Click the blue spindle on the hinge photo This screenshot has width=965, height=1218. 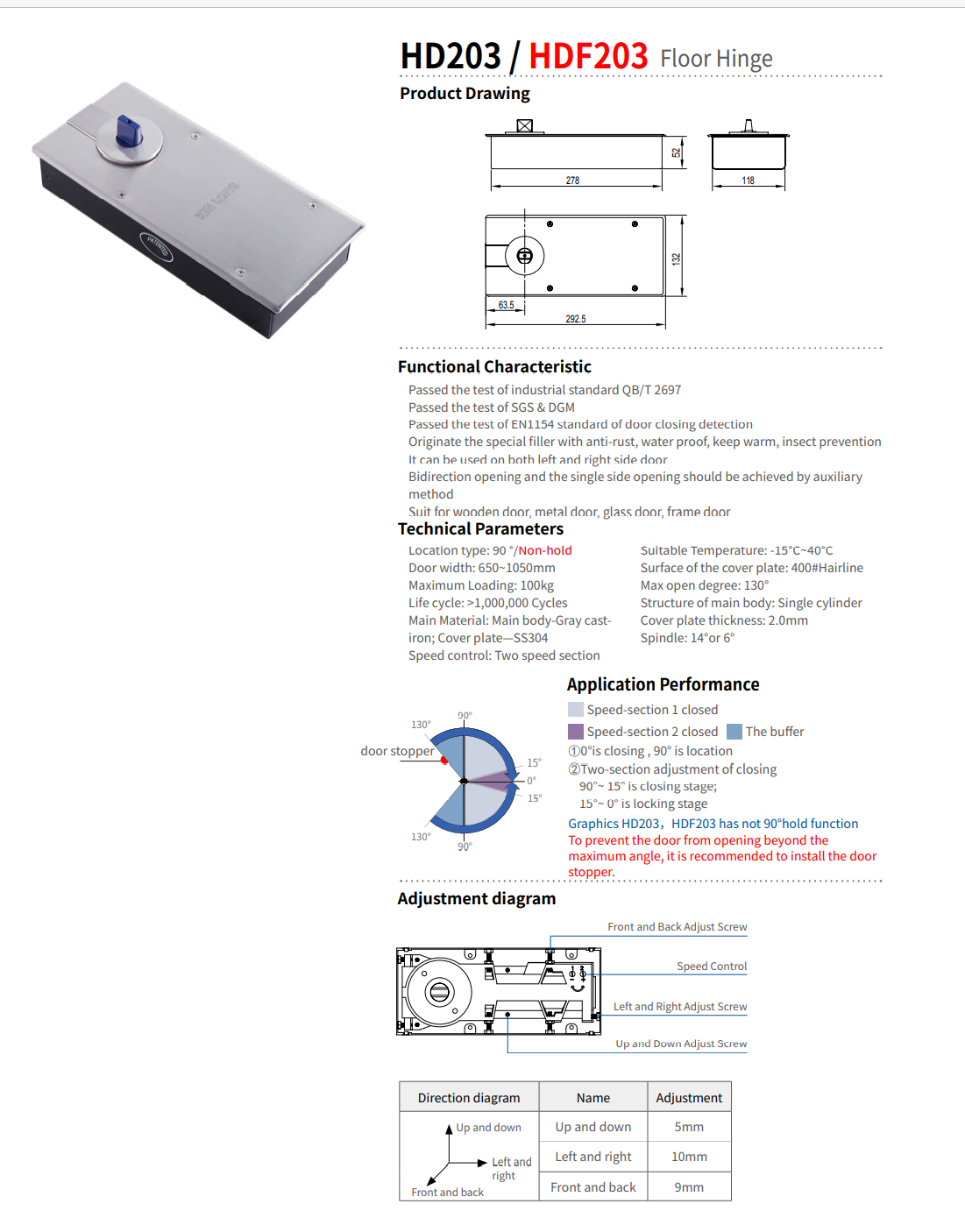click(129, 131)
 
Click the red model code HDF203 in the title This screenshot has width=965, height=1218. click(588, 56)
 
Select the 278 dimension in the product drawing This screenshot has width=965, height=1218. click(572, 181)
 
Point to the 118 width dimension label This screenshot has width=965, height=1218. click(748, 181)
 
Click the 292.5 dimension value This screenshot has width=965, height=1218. click(576, 319)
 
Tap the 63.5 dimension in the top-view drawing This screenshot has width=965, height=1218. click(507, 306)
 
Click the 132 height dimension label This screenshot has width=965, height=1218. click(676, 259)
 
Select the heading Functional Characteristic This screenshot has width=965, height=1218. click(494, 367)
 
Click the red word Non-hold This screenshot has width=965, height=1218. click(545, 550)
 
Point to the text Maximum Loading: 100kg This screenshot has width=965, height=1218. click(481, 585)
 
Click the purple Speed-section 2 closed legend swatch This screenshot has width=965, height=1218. click(576, 732)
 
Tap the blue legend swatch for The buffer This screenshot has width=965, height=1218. click(734, 732)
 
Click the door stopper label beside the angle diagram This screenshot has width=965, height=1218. click(397, 751)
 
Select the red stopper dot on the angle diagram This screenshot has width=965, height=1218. click(444, 760)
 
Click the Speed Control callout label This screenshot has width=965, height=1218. click(712, 967)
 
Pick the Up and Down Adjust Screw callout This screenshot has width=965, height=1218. click(681, 1044)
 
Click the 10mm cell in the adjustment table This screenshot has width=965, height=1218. click(689, 1157)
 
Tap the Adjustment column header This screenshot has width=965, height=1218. click(689, 1098)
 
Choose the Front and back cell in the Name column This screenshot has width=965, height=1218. click(593, 1187)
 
